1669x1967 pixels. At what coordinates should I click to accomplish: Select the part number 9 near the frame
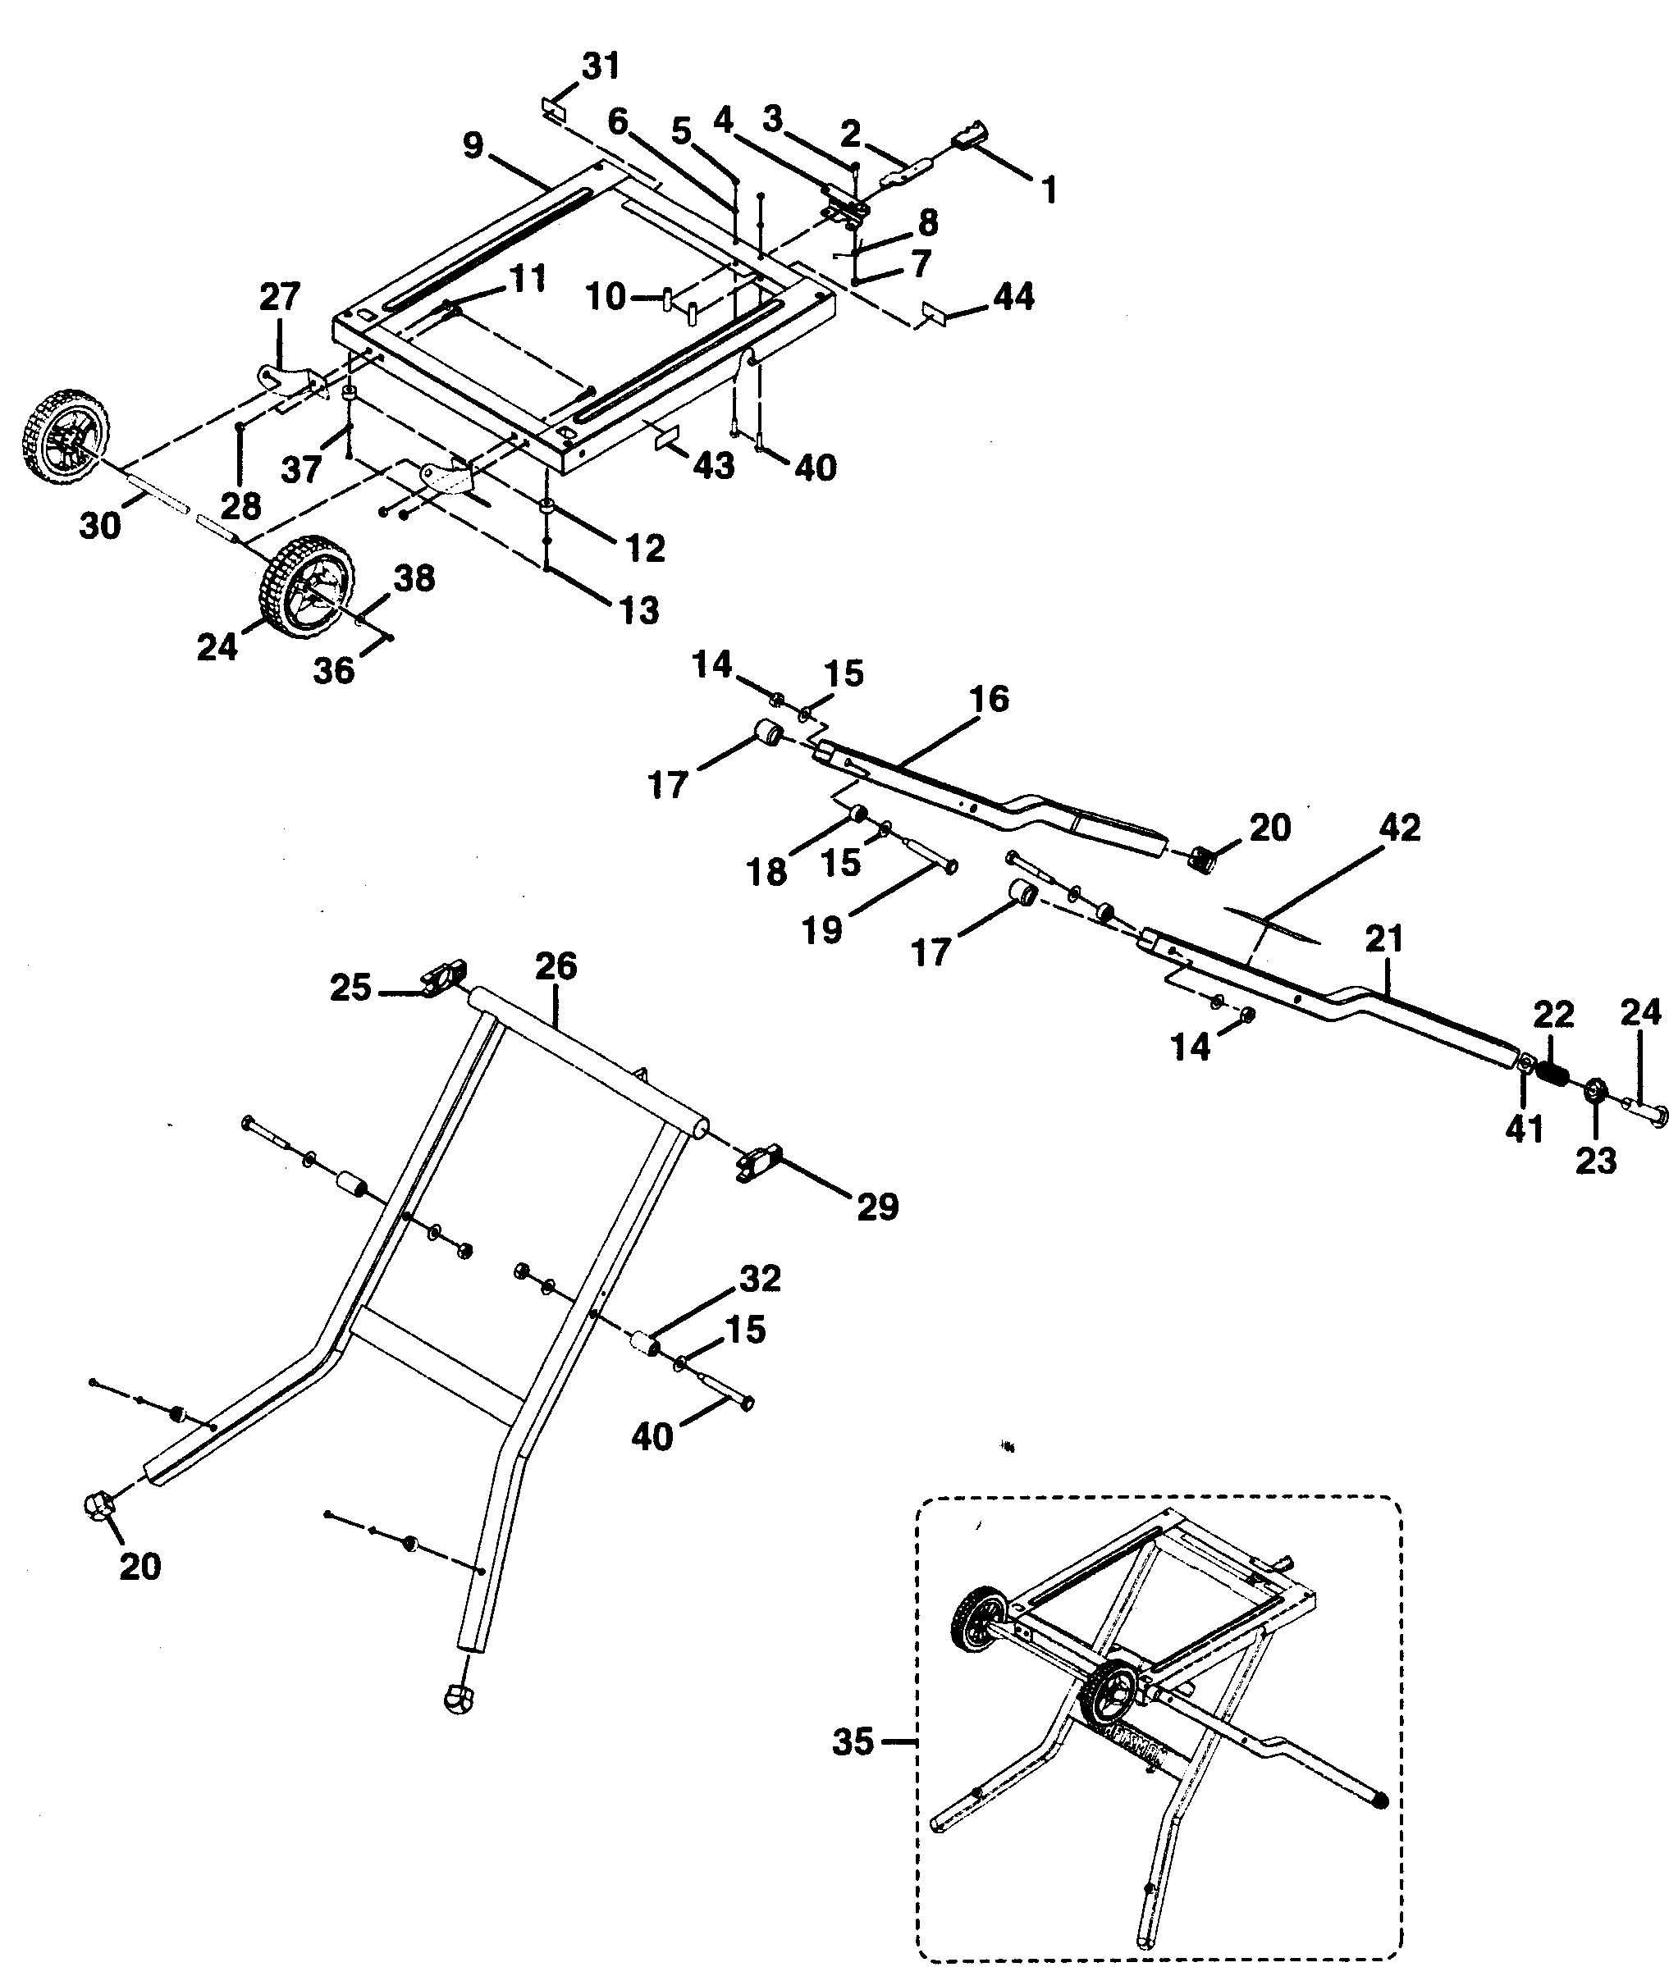[473, 146]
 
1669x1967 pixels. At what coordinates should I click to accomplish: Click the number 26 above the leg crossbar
[556, 966]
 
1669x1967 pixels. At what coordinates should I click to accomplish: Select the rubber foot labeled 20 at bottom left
[98, 1503]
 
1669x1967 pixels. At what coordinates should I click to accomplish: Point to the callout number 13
[639, 610]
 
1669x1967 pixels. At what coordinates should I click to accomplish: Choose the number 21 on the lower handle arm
[1384, 939]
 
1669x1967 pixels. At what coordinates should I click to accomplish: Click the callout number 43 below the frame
[713, 465]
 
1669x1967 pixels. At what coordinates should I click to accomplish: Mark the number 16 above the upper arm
[990, 700]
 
